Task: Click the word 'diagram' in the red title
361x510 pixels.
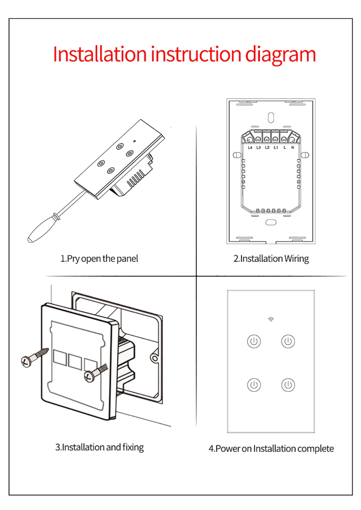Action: pos(280,55)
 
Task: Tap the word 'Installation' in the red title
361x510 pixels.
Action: pos(99,54)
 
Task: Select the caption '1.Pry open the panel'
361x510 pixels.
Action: pos(99,259)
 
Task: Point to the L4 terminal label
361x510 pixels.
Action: pos(250,148)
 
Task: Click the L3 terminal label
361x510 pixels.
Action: pos(259,148)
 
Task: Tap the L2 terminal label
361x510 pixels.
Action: pos(267,148)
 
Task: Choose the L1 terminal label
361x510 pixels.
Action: pos(276,148)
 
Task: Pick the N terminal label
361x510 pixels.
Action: pos(292,148)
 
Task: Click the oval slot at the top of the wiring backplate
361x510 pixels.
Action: pos(271,118)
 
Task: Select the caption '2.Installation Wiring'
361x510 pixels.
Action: pos(271,259)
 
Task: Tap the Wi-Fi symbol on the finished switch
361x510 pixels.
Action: pos(271,320)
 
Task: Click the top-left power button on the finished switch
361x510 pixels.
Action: pos(254,342)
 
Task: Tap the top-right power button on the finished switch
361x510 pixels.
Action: pos(288,342)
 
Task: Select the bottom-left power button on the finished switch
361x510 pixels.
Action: pos(254,385)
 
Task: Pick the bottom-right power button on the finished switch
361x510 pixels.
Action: pos(288,385)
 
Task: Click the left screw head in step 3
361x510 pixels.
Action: pos(26,361)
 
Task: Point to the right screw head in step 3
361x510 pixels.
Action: pos(89,376)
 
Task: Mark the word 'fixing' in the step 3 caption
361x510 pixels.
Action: pos(133,447)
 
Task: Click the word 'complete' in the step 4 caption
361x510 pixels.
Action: pos(315,449)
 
